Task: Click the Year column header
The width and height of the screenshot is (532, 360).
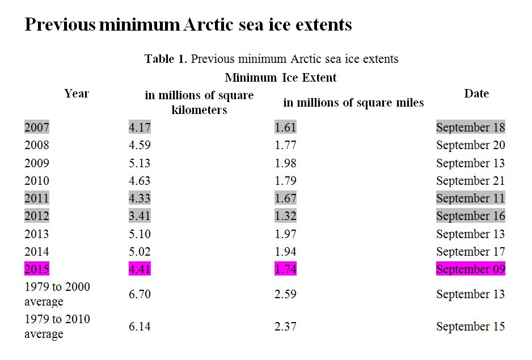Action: (77, 94)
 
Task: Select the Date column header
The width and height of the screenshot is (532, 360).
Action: (476, 94)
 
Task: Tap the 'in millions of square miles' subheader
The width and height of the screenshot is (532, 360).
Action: (353, 103)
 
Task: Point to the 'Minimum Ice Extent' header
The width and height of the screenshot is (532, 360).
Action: (281, 78)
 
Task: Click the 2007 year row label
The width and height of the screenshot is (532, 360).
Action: (36, 128)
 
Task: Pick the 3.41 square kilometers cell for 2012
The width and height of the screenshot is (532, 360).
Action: (140, 216)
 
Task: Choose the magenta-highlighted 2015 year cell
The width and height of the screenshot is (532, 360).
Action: (36, 269)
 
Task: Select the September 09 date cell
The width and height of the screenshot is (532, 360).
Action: (470, 269)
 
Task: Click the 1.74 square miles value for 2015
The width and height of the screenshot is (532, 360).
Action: (285, 269)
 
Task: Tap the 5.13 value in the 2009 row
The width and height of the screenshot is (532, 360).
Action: (140, 163)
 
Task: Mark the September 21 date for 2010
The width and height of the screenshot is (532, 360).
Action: (470, 181)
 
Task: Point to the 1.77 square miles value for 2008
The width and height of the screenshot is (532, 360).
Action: (285, 145)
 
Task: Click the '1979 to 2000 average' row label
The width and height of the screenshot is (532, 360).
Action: (57, 294)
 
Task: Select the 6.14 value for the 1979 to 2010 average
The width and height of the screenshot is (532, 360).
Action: (140, 327)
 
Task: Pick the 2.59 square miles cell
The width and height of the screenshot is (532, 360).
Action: (285, 294)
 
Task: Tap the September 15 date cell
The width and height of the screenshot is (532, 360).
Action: (470, 327)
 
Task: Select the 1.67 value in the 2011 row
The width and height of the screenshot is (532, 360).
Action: (285, 198)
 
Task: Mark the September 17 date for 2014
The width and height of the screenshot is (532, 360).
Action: (470, 252)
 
